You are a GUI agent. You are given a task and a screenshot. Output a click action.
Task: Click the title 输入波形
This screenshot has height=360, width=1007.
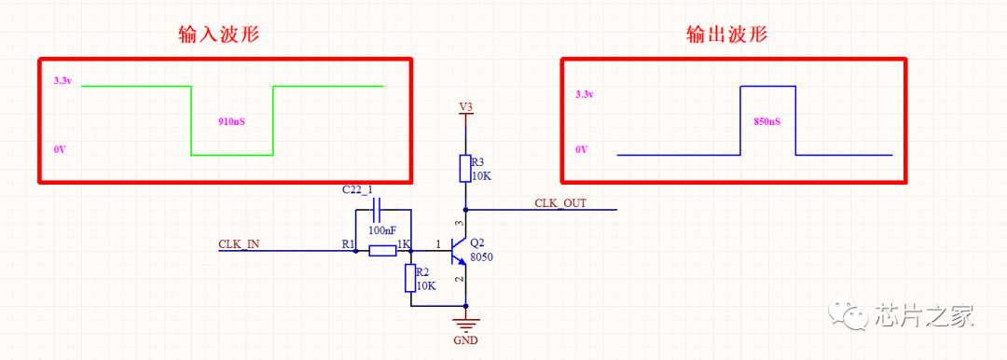point(219,35)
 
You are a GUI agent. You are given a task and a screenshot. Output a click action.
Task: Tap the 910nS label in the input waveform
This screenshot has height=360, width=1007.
point(232,121)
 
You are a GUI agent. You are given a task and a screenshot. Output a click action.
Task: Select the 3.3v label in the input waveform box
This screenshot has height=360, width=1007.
point(63,82)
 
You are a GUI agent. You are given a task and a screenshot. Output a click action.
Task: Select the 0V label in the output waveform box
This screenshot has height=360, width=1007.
point(581,149)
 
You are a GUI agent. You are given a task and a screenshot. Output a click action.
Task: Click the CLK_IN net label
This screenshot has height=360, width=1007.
point(239,244)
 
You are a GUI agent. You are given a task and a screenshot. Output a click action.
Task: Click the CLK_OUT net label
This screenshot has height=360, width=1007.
point(560,203)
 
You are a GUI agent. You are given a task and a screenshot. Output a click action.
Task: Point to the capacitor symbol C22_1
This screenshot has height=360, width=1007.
point(377,210)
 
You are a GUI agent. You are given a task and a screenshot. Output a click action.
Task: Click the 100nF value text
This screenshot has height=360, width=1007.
point(382,229)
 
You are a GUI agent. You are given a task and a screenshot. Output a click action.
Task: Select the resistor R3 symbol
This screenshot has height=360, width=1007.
point(465,169)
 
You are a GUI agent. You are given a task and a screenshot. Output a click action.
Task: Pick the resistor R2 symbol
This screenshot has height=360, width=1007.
point(411,279)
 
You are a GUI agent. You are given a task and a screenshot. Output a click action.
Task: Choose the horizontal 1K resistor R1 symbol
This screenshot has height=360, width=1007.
point(383,251)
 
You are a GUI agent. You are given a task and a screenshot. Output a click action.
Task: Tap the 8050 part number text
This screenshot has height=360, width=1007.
point(482,256)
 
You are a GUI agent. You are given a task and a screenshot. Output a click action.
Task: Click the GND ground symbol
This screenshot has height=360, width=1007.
point(465,324)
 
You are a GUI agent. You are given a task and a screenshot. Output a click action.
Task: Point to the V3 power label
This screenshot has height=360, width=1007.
point(465,105)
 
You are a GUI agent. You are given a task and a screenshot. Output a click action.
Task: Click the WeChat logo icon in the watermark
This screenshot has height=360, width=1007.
point(848,314)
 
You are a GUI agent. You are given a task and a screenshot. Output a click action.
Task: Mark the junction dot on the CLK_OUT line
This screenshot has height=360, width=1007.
point(465,210)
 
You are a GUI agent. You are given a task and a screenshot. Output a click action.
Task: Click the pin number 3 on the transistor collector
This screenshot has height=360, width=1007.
point(458,224)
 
